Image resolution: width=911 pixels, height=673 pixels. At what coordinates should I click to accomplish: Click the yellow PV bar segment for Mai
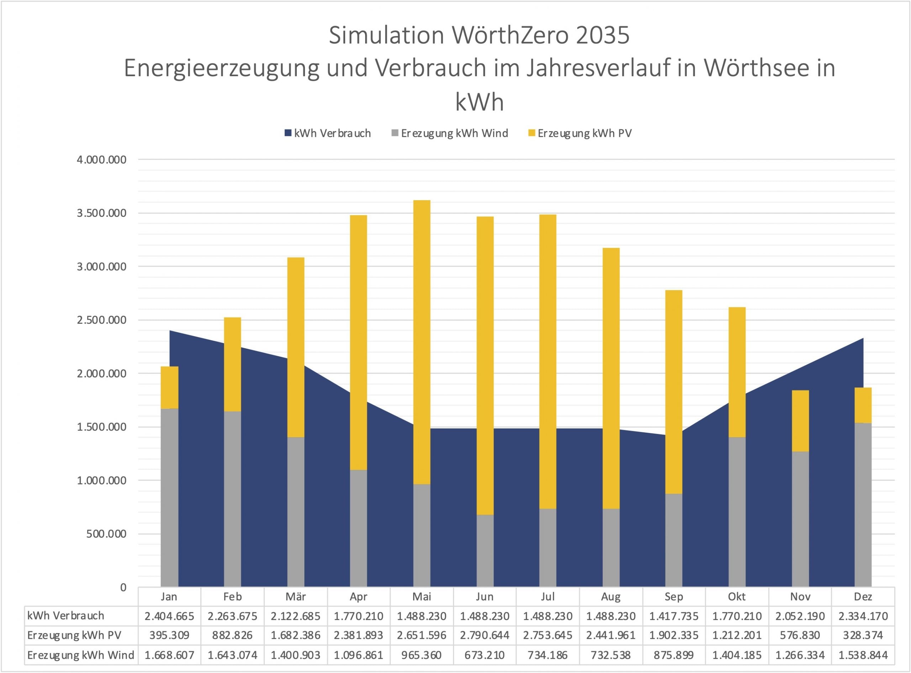[422, 342]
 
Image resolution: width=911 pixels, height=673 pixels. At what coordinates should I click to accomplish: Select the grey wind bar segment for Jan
[169, 497]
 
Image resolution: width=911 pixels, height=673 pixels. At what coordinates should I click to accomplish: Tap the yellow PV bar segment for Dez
[863, 405]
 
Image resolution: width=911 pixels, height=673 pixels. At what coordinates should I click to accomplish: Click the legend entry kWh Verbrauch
[328, 133]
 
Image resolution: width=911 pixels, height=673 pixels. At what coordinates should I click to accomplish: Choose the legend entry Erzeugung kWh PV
[580, 133]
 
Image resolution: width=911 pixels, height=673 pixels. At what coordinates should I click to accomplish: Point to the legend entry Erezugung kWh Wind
[450, 133]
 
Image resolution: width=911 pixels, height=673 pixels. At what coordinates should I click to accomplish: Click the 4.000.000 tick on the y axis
[101, 160]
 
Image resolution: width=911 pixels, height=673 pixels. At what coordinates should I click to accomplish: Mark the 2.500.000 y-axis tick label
[101, 320]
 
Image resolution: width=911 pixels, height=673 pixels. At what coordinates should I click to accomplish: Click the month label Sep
[674, 597]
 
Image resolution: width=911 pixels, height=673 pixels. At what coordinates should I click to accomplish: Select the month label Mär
[295, 597]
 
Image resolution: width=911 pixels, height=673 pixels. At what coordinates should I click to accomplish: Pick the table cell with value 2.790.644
[485, 635]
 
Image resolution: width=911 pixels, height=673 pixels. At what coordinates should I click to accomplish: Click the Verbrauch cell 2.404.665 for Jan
[169, 616]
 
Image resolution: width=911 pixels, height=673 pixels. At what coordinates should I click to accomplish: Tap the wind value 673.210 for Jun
[485, 655]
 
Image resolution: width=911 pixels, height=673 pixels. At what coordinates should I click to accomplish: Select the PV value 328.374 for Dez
[863, 635]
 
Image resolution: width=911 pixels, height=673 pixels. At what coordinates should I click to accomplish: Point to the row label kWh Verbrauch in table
[65, 616]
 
